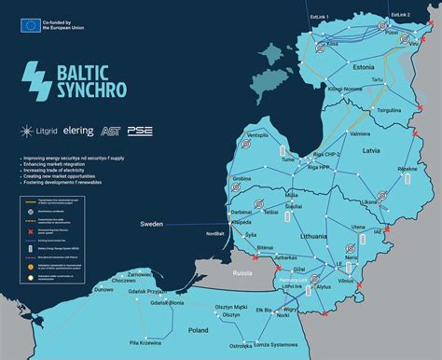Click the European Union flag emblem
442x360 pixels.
tap(28, 25)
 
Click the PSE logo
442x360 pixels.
tap(140, 131)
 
